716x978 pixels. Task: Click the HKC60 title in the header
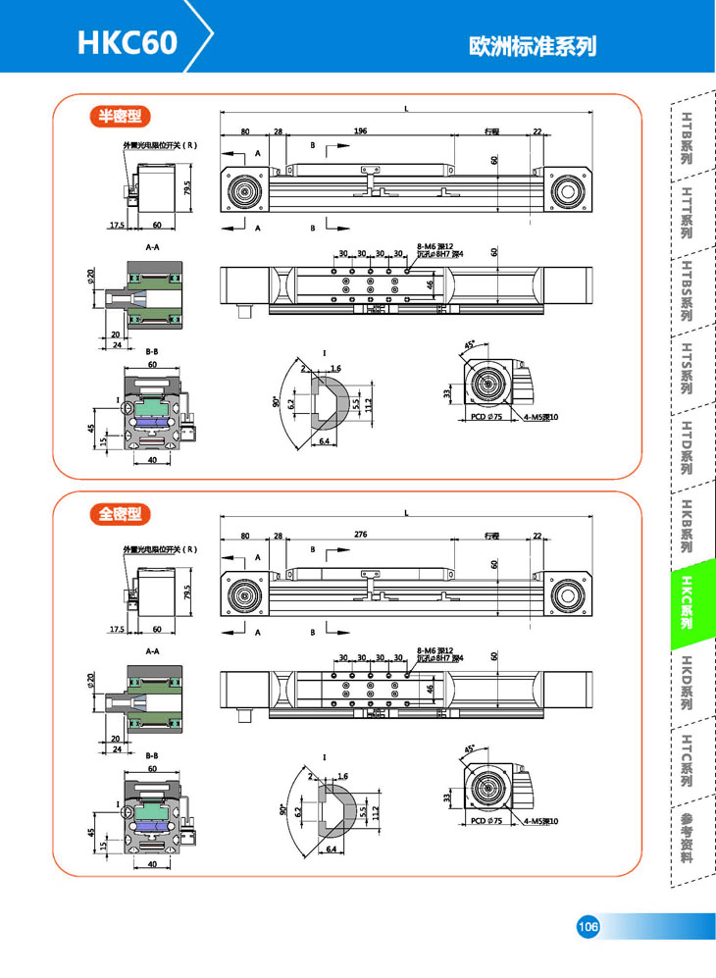[128, 43]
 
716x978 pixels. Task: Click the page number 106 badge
[588, 927]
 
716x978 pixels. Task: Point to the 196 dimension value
[360, 130]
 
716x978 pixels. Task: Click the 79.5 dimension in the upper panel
[187, 186]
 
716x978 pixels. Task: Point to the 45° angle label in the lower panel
[468, 748]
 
